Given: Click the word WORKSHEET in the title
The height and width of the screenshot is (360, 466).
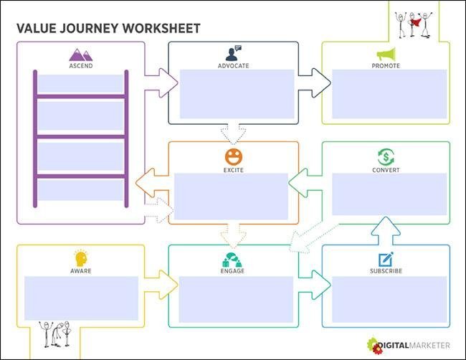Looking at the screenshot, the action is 161,29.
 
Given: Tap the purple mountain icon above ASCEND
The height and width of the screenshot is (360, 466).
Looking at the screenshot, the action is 81,55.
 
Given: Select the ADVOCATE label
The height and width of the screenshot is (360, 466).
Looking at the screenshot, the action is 233,66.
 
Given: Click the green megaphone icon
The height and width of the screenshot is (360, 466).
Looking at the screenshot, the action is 386,55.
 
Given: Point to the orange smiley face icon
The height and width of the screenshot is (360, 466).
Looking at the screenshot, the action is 234,156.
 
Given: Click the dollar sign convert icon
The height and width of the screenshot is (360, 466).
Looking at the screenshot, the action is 386,156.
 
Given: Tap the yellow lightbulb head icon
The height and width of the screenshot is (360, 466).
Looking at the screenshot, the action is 81,258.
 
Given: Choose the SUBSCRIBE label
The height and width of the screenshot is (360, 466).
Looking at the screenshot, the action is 386,271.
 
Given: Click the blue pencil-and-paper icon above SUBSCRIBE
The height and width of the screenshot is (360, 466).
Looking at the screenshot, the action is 386,259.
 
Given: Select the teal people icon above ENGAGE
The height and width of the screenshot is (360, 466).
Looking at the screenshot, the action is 232,260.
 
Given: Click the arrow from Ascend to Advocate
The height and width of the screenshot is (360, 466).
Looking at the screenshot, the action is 161,83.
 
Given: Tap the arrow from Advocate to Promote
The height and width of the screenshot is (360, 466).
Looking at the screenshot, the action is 315,83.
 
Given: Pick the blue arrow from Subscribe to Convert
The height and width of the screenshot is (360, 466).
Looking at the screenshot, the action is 386,231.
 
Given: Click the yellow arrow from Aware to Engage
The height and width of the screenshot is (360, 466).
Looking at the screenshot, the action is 161,285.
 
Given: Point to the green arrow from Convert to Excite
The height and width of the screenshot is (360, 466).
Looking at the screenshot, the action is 305,183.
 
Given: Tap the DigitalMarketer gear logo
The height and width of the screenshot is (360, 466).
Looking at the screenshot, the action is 375,346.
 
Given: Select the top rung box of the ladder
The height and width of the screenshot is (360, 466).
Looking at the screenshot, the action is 80,84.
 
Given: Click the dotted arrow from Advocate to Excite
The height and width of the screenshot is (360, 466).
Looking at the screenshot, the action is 233,133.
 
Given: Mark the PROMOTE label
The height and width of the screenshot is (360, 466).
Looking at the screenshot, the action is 386,66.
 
